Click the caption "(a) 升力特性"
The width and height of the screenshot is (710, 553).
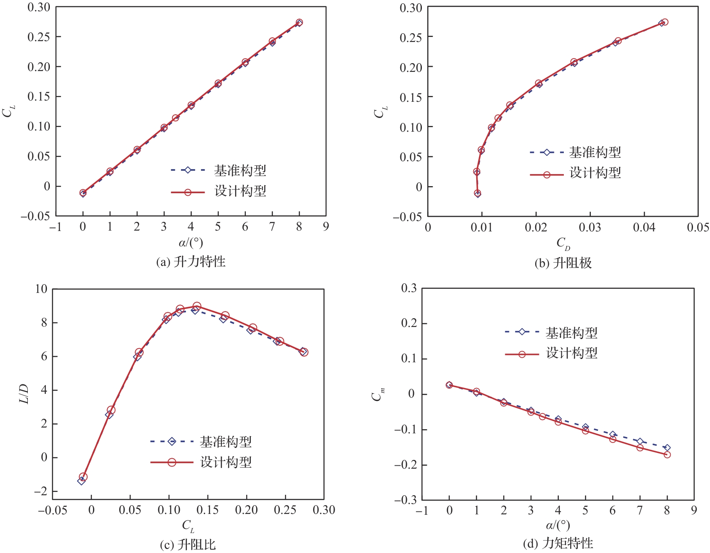[191, 262]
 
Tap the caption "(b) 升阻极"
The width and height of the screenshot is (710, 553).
[563, 263]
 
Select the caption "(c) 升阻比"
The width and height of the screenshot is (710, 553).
[188, 545]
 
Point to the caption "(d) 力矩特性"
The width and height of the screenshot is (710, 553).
[558, 543]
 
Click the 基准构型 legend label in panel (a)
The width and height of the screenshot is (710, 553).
[240, 170]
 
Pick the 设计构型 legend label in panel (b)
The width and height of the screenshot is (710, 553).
[595, 173]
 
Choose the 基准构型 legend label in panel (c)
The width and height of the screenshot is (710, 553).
[226, 442]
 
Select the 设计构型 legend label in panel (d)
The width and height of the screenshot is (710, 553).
[572, 353]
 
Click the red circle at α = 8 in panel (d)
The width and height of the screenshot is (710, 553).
[667, 455]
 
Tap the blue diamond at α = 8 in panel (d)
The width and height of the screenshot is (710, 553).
[667, 448]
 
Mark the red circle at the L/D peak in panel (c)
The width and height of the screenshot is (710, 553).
[197, 306]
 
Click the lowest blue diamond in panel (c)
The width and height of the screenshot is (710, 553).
[81, 481]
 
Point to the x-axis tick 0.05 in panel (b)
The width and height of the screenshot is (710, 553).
[698, 227]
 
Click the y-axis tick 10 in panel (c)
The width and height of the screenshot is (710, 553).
[41, 289]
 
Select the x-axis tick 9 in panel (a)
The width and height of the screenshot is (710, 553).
[326, 226]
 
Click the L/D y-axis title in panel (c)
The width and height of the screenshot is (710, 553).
[24, 394]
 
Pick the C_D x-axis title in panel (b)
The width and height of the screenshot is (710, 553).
[563, 243]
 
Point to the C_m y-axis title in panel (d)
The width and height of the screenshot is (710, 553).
[378, 393]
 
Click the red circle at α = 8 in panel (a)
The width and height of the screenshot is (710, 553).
[299, 22]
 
